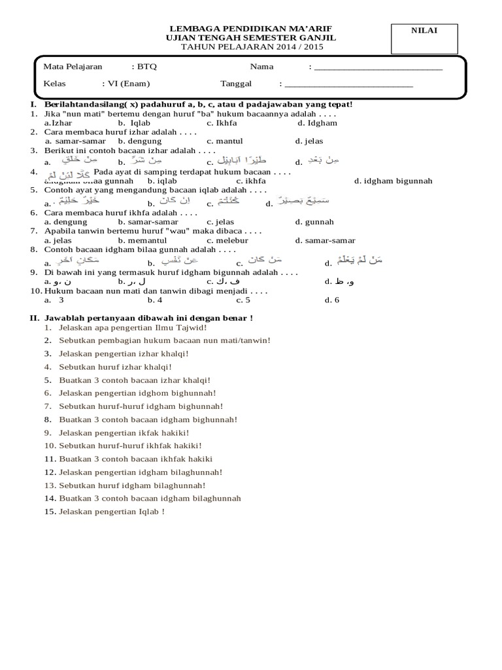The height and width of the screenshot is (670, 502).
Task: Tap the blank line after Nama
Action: click(x=378, y=67)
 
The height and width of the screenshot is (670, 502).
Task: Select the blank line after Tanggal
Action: click(x=349, y=84)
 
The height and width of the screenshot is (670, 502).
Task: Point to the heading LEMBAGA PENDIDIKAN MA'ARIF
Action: click(x=250, y=29)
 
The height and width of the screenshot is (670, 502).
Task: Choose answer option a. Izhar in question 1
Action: click(x=58, y=122)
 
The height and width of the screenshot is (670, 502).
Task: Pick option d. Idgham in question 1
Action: click(x=317, y=122)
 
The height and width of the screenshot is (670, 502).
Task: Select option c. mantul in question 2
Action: click(x=225, y=141)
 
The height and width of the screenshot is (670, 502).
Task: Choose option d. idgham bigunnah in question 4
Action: click(x=393, y=181)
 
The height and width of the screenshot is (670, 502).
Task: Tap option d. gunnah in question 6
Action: click(x=314, y=222)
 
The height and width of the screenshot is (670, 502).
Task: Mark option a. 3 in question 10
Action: click(x=55, y=300)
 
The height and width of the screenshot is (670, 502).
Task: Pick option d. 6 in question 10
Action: click(x=332, y=300)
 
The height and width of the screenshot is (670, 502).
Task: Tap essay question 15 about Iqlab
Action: click(x=111, y=511)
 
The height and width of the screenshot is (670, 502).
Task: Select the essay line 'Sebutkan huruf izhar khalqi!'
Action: click(x=115, y=366)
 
